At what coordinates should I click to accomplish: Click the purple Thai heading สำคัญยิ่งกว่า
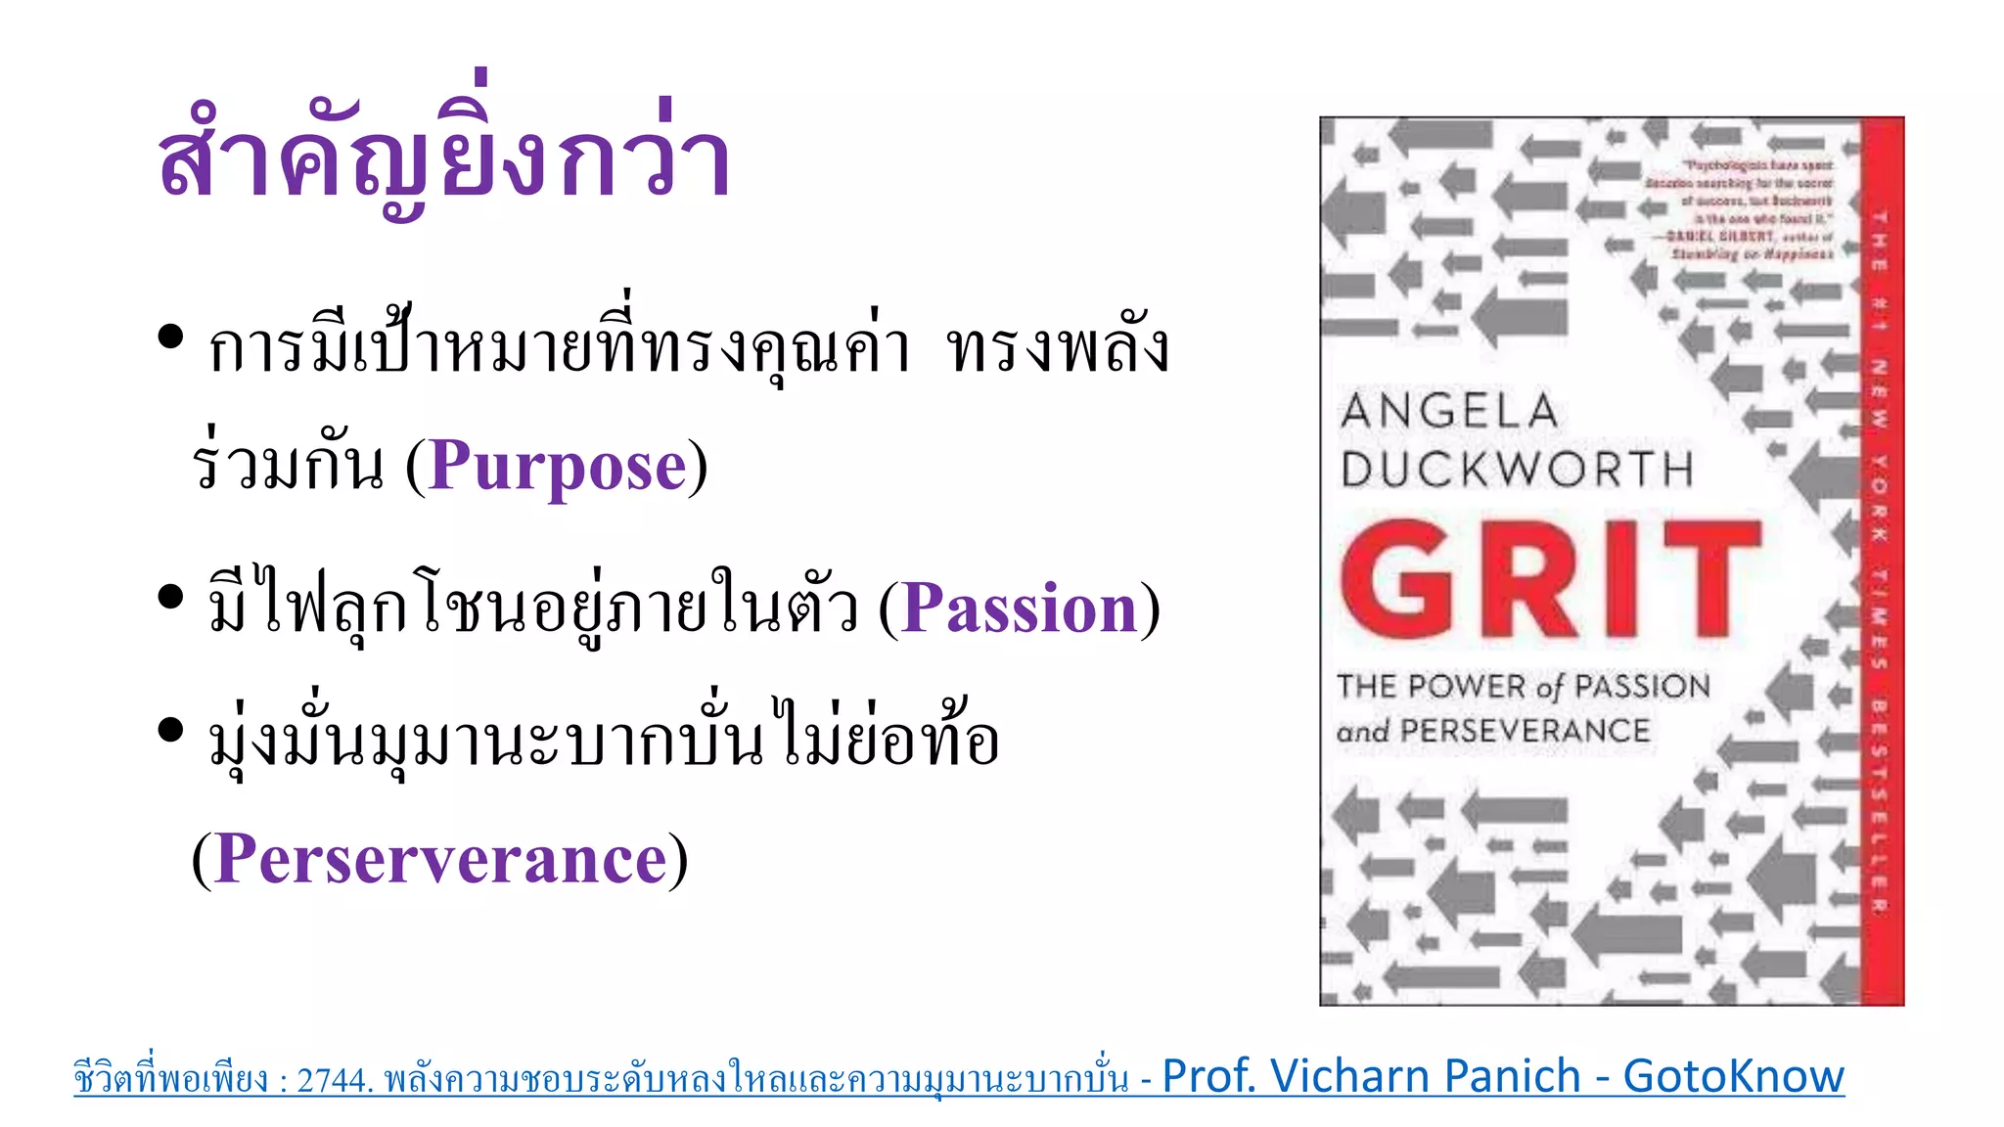tap(443, 157)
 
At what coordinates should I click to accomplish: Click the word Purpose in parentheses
tap(557, 466)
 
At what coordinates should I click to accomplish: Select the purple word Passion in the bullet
tap(1019, 609)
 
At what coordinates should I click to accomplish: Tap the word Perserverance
tap(440, 859)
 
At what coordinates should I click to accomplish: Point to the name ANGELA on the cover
tap(1449, 411)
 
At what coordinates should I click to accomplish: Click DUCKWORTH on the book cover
tap(1517, 470)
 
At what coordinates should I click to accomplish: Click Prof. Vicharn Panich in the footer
tap(1371, 1076)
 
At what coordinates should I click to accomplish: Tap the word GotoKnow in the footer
tap(1733, 1076)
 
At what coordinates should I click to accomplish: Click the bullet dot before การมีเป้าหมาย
tap(170, 337)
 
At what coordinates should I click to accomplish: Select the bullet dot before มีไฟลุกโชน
tap(170, 596)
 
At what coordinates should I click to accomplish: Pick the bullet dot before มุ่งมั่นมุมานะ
tap(170, 730)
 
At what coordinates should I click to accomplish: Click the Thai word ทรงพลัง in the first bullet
tap(1059, 348)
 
